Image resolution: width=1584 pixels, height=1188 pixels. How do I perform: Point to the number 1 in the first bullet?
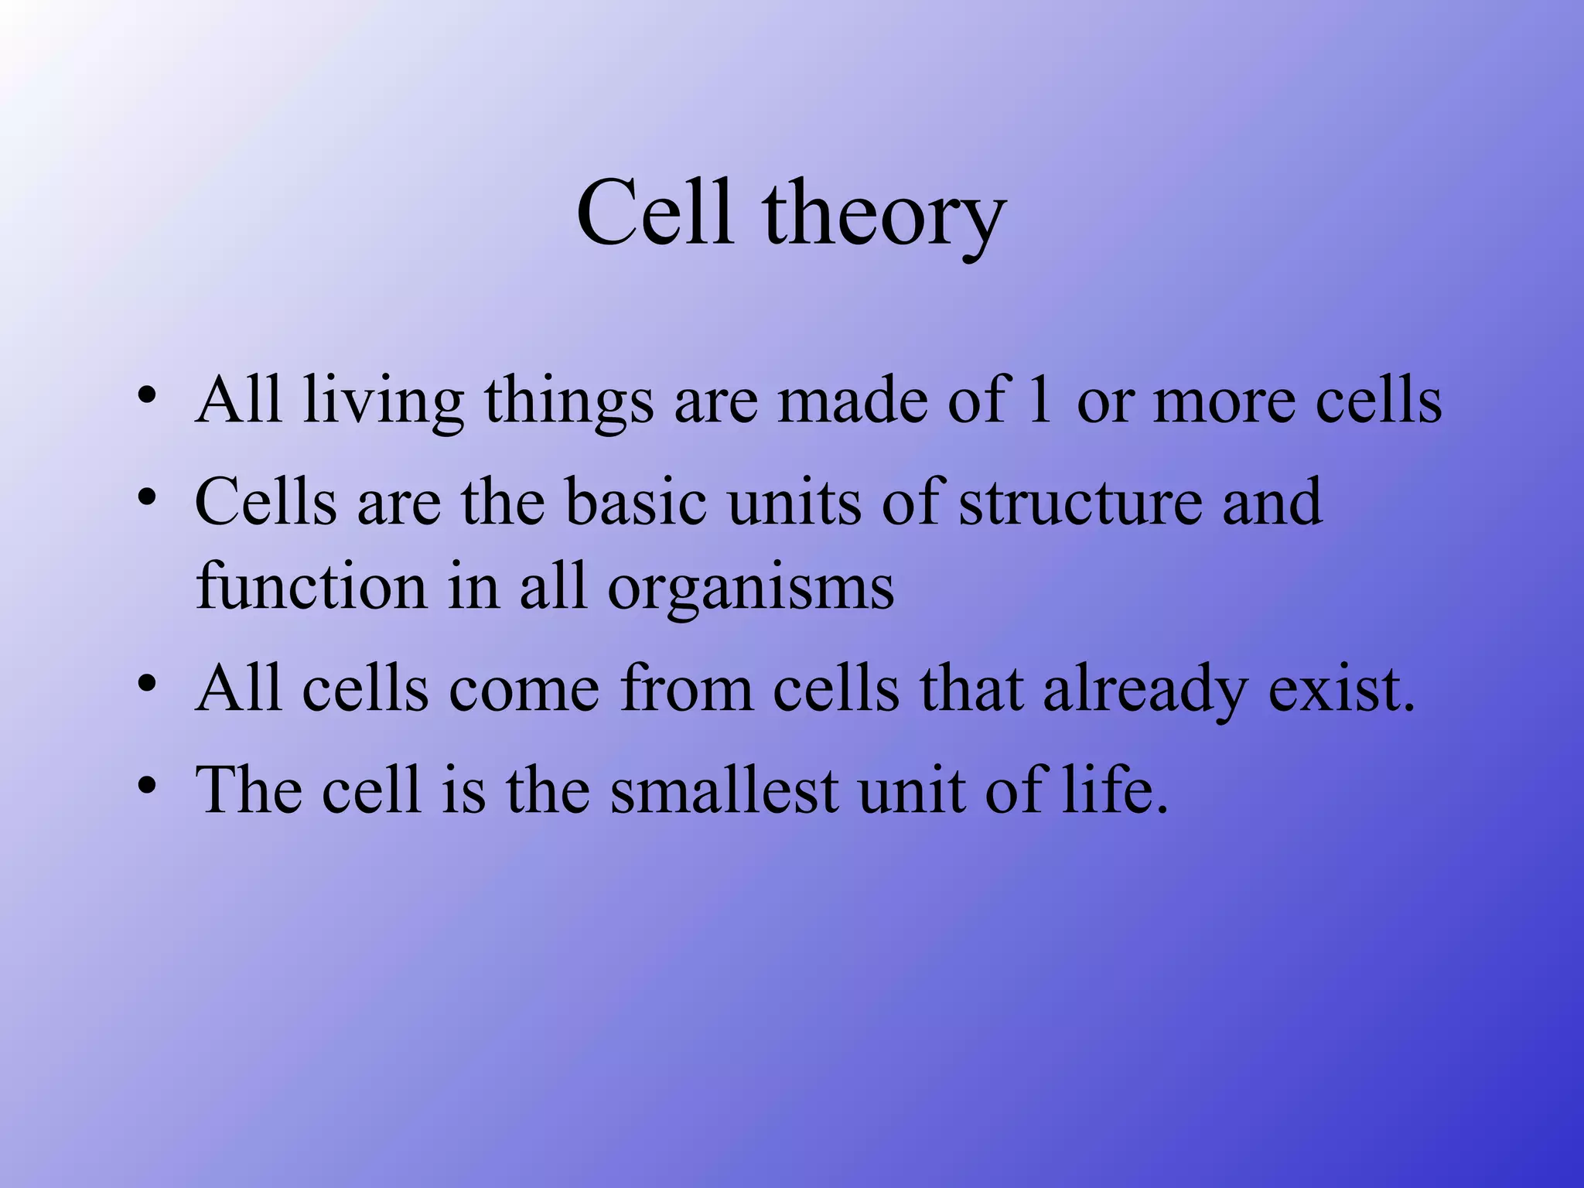1040,399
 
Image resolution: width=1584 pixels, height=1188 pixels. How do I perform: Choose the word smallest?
724,790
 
